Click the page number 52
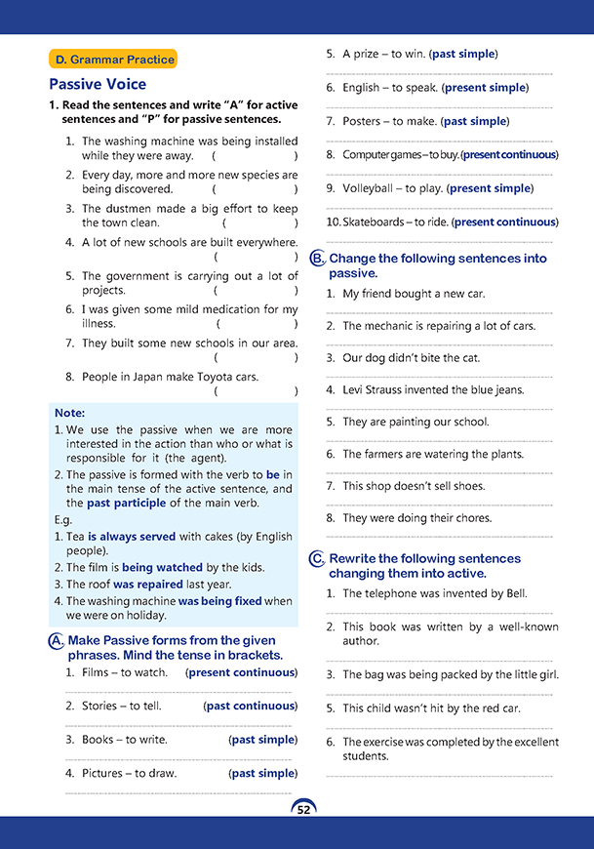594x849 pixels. [x=303, y=809]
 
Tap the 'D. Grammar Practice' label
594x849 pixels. [x=114, y=60]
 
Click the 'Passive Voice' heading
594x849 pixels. [x=98, y=85]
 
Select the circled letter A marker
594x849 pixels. [x=57, y=640]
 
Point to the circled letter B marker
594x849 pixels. [x=317, y=259]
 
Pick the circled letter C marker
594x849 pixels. [x=317, y=559]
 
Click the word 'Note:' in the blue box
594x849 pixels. [x=69, y=413]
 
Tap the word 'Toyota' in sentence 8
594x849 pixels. [x=201, y=377]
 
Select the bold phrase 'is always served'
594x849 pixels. [x=132, y=537]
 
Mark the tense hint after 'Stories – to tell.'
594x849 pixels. [x=250, y=706]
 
